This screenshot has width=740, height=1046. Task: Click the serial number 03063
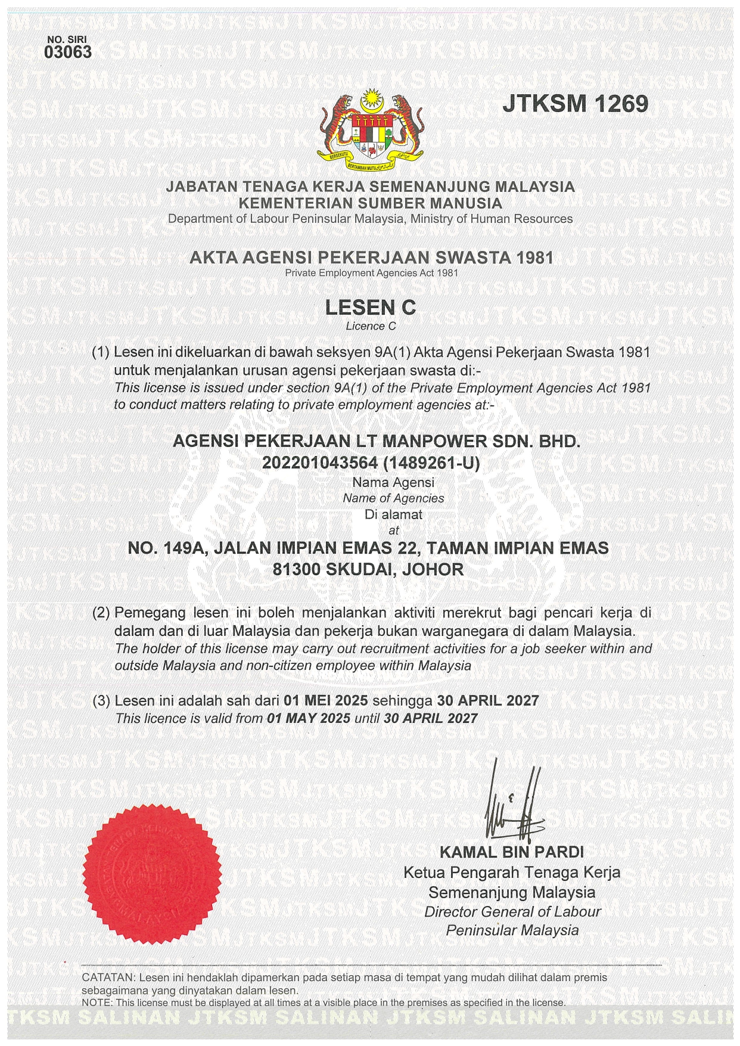tap(68, 52)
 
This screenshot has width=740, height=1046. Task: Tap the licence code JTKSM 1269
tap(575, 104)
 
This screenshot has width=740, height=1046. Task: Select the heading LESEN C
tap(371, 308)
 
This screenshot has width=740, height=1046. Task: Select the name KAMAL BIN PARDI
tap(511, 852)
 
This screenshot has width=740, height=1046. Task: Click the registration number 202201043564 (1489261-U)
tap(371, 463)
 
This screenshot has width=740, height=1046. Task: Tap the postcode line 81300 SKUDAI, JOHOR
tap(368, 569)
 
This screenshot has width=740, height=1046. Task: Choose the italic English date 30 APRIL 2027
tap(430, 718)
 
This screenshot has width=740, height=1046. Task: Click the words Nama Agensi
tap(393, 482)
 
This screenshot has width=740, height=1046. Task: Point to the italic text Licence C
tap(371, 326)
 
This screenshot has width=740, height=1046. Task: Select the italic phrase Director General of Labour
tap(512, 911)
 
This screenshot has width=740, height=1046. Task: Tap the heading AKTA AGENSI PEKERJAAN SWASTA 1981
tap(371, 257)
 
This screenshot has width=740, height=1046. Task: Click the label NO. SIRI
tap(67, 40)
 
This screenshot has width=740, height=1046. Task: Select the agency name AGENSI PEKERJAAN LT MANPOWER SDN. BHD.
tap(376, 442)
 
